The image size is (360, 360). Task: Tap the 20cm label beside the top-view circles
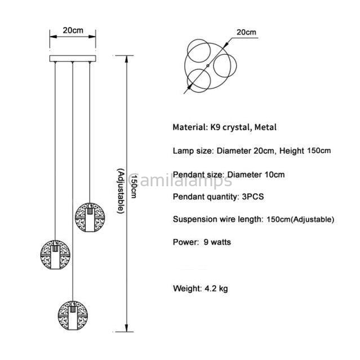(246, 32)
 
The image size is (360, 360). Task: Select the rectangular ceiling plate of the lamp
(73, 57)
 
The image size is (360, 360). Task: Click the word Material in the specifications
(189, 128)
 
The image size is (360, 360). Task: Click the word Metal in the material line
(265, 128)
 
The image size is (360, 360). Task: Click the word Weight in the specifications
(186, 289)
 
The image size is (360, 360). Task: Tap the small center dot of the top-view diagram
(208, 66)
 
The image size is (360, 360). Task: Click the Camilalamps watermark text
(180, 180)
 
